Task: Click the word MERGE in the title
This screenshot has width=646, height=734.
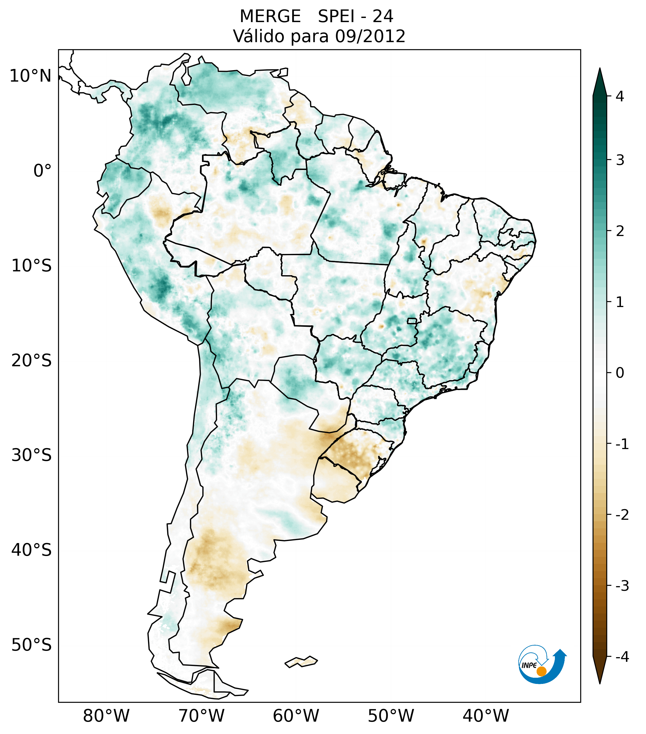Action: (x=270, y=17)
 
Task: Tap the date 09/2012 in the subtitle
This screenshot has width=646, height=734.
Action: (x=370, y=36)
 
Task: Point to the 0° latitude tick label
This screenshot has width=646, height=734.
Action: (x=42, y=171)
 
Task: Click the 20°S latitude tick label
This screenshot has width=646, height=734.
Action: (x=32, y=361)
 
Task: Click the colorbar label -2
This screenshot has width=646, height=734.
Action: (x=622, y=515)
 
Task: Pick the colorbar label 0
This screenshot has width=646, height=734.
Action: (x=620, y=373)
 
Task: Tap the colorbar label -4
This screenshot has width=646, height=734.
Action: (x=622, y=657)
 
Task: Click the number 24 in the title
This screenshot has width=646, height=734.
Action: (x=383, y=17)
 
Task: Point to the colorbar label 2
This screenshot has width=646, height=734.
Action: (x=620, y=231)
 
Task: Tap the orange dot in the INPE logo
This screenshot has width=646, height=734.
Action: (x=541, y=671)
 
